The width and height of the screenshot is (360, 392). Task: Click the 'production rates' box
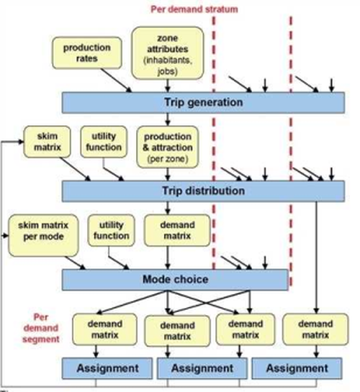(x=87, y=53)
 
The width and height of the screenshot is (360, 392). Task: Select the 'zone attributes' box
(x=168, y=53)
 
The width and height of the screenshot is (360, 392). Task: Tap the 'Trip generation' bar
(x=203, y=103)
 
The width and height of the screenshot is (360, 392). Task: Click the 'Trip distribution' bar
(x=203, y=191)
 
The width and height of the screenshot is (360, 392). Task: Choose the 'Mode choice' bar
(x=175, y=280)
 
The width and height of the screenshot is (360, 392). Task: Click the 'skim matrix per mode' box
(x=43, y=235)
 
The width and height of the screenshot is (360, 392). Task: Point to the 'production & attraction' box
(x=168, y=147)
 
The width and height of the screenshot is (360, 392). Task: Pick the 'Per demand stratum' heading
(x=194, y=9)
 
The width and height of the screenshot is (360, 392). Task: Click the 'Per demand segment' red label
(x=41, y=328)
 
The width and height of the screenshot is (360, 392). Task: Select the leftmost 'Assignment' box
(x=107, y=368)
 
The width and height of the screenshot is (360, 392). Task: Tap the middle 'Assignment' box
(x=202, y=368)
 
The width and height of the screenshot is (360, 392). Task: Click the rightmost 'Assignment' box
(x=297, y=368)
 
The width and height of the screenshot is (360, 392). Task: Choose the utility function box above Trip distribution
(x=104, y=142)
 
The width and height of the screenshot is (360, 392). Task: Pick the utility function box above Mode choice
(x=112, y=230)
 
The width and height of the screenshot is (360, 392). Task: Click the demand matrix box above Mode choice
(x=177, y=230)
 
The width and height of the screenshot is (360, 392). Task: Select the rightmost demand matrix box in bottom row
(x=315, y=329)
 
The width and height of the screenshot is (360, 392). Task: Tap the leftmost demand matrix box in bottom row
(x=104, y=329)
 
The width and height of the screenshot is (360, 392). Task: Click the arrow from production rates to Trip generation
(x=116, y=81)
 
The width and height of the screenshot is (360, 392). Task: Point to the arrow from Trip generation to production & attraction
(x=168, y=119)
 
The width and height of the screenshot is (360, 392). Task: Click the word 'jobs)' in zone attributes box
(x=168, y=72)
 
